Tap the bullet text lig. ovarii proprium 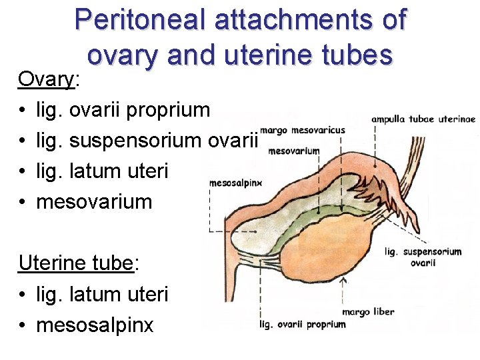click(123, 110)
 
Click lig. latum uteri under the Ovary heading click(102, 171)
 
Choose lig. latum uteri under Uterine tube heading click(102, 294)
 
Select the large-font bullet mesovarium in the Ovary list click(94, 202)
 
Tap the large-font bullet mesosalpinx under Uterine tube click(95, 325)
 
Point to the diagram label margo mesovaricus click(303, 131)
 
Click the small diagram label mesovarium click(294, 151)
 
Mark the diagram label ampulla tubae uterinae click(423, 119)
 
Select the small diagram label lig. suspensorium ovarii click(423, 257)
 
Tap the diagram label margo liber click(367, 311)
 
